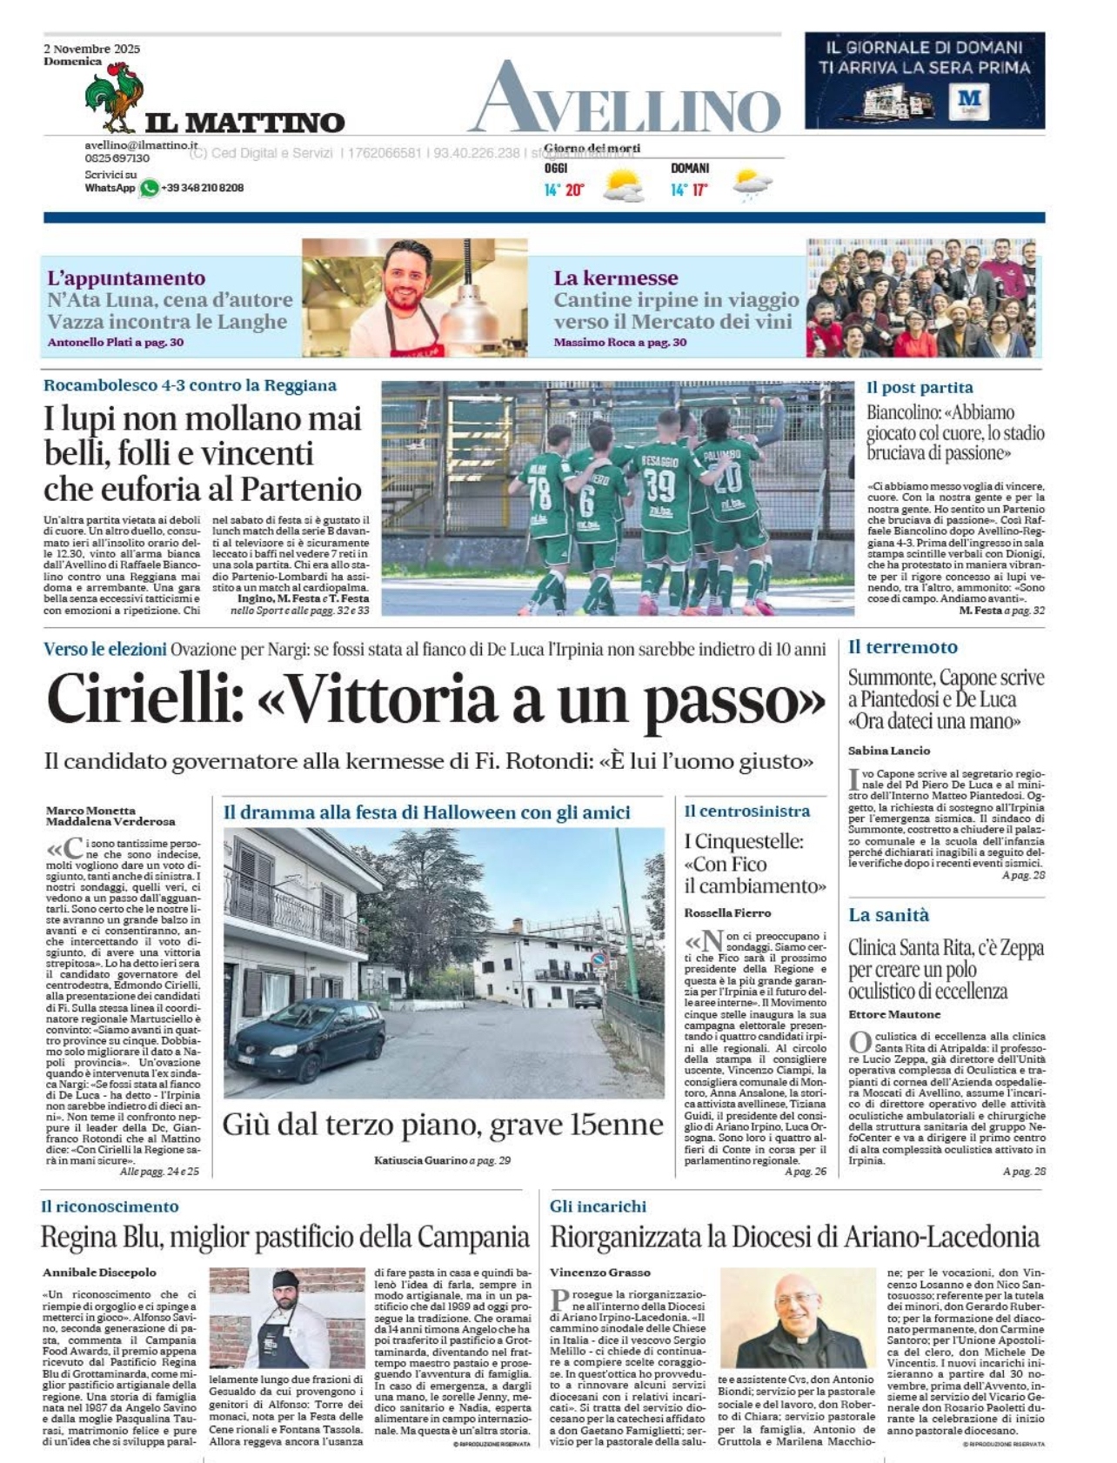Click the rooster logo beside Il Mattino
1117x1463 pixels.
[115, 96]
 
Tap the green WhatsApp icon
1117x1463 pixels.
[150, 188]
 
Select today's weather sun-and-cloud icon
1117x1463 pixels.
[623, 185]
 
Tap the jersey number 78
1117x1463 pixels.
[539, 494]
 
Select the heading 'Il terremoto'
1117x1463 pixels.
[902, 647]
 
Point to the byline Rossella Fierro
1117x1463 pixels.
[727, 912]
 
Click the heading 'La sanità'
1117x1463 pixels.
[888, 915]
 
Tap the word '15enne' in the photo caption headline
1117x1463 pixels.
[617, 1126]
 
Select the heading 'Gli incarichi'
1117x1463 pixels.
[598, 1206]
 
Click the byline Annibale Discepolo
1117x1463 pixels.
[99, 1273]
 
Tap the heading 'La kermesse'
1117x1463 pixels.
[615, 278]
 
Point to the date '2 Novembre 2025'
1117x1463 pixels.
[91, 49]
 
